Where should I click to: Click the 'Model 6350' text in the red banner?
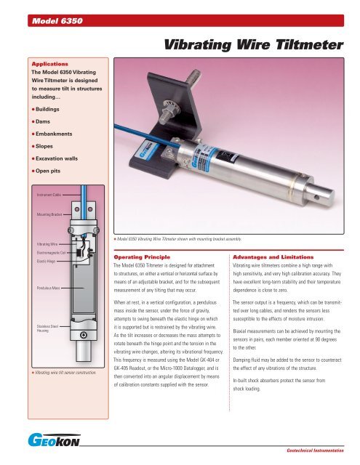tap(57, 21)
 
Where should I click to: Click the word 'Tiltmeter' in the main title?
tap(309, 45)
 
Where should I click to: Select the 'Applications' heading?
tap(50, 64)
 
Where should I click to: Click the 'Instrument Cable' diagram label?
tap(49, 195)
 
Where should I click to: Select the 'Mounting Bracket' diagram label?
tap(49, 214)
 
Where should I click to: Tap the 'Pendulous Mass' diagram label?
tap(49, 288)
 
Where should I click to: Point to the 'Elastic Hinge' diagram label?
tap(46, 262)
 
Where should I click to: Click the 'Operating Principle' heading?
tap(142, 257)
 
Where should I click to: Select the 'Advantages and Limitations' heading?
tap(273, 257)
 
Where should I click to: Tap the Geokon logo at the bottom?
tap(54, 440)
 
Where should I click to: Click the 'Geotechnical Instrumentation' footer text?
tap(315, 450)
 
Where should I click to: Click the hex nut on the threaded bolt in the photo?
tap(169, 116)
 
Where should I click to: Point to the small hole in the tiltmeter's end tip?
tap(316, 197)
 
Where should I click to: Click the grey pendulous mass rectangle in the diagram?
tap(84, 288)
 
